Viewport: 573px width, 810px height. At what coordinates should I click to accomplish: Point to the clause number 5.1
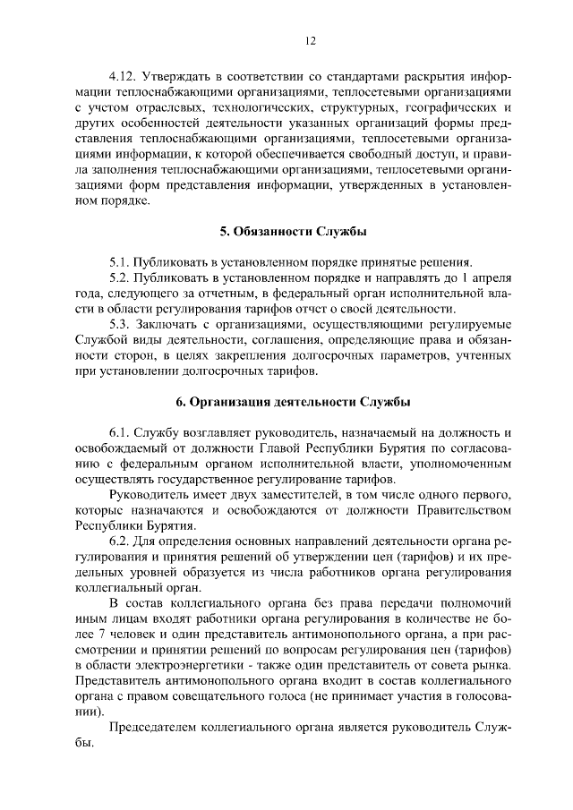(x=119, y=261)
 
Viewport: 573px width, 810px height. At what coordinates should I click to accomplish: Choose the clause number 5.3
(x=119, y=324)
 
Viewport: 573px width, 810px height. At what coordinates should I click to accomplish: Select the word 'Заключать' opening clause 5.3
(x=166, y=324)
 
